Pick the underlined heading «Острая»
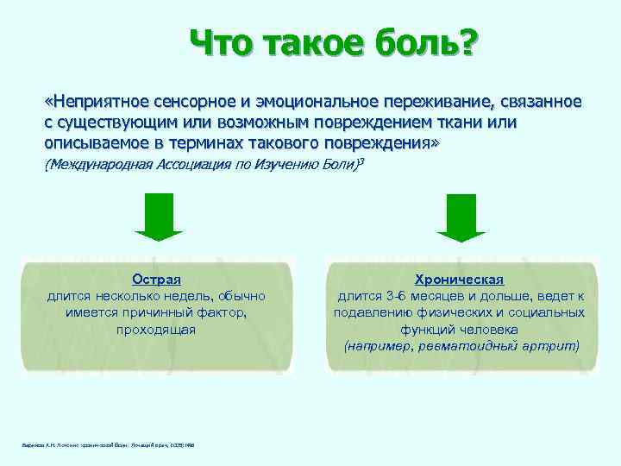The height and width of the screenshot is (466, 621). point(156,280)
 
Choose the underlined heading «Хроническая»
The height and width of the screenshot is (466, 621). point(460,280)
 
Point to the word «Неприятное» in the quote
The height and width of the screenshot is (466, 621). point(94,103)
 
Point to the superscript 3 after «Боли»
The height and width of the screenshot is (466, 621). point(359,161)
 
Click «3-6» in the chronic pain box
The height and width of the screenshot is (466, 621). point(398,296)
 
